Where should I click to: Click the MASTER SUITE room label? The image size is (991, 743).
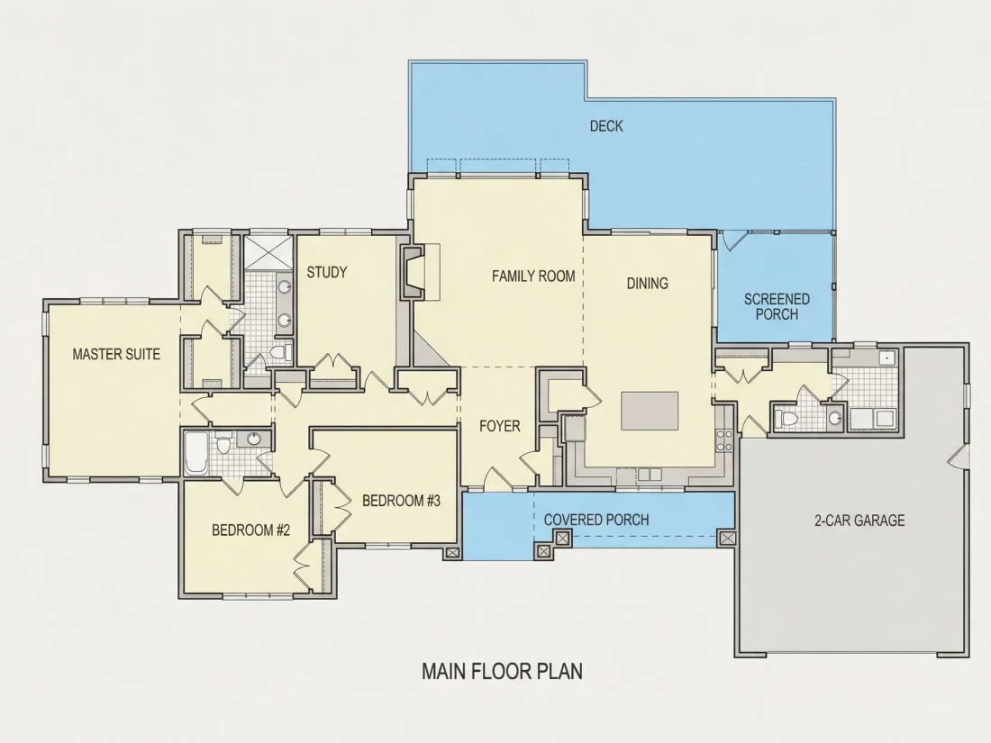click(116, 354)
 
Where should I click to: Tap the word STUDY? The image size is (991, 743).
click(327, 272)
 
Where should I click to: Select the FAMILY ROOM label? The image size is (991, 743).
click(533, 276)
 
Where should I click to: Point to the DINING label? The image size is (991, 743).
click(647, 284)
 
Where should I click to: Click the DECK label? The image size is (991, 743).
click(606, 126)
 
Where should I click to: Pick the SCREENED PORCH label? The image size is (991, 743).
click(777, 306)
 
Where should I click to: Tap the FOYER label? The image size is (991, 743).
click(500, 427)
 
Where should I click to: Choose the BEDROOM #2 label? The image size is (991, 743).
click(251, 530)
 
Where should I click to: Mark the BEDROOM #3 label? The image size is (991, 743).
click(401, 501)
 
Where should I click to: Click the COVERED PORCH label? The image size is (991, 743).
click(596, 520)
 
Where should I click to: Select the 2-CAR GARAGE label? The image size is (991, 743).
click(859, 521)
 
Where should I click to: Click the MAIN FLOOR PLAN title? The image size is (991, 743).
click(503, 671)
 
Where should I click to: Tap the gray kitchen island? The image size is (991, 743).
click(650, 411)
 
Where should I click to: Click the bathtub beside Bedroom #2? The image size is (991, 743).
click(195, 452)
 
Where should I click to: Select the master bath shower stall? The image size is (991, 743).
click(268, 252)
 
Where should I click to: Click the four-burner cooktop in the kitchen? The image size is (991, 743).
click(724, 440)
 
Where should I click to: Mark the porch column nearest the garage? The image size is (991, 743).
click(727, 539)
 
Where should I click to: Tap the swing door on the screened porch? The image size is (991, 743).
click(732, 240)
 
